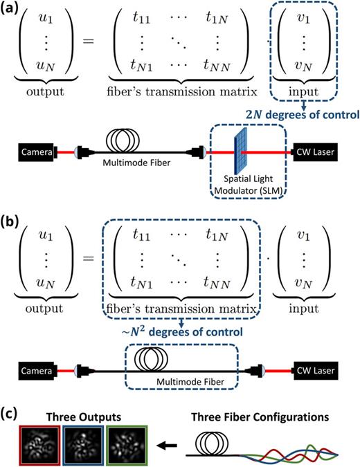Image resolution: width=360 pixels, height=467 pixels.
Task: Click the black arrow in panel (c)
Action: coord(161,438)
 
